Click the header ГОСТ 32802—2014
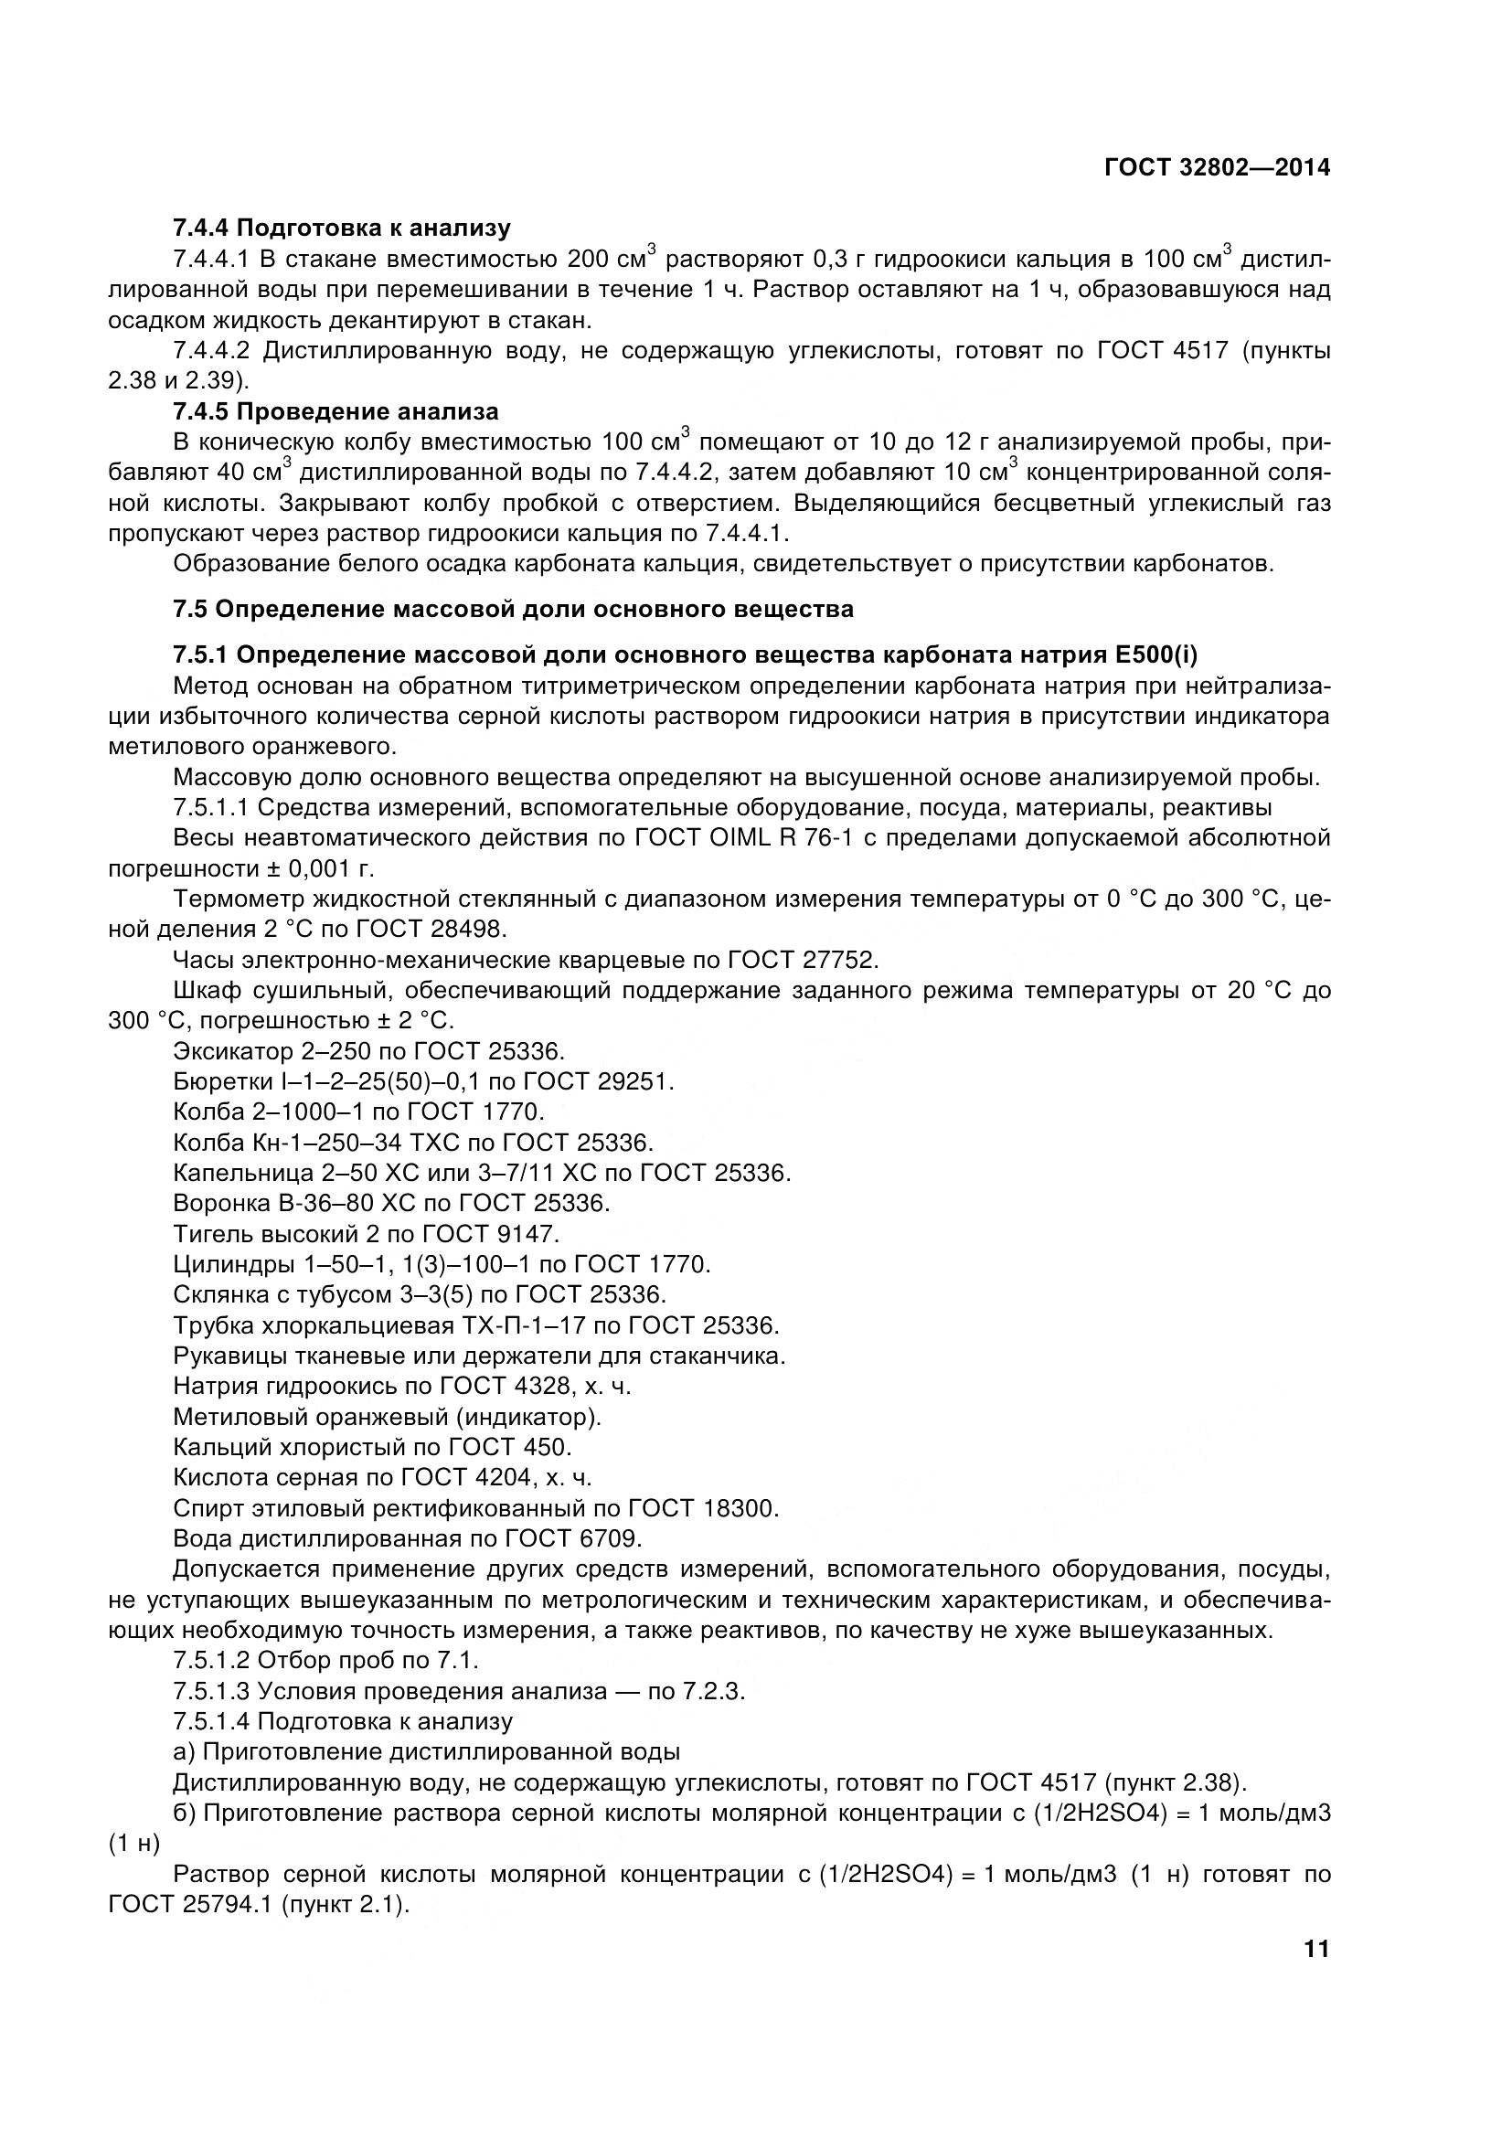[1216, 167]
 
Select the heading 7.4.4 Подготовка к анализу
[342, 229]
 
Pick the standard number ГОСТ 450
[508, 1447]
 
